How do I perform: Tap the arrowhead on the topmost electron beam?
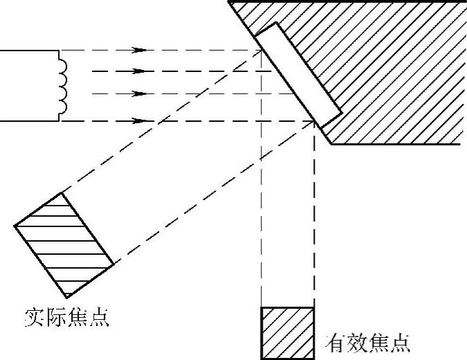(141, 50)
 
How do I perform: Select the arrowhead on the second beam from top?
(141, 71)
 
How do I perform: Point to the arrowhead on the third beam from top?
(141, 93)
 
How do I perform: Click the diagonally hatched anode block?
(388, 69)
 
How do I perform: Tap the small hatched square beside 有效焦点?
(287, 333)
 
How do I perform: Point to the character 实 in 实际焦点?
(30, 320)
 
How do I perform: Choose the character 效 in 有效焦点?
(356, 343)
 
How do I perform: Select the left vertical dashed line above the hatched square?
(262, 208)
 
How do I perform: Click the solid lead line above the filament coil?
(31, 50)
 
